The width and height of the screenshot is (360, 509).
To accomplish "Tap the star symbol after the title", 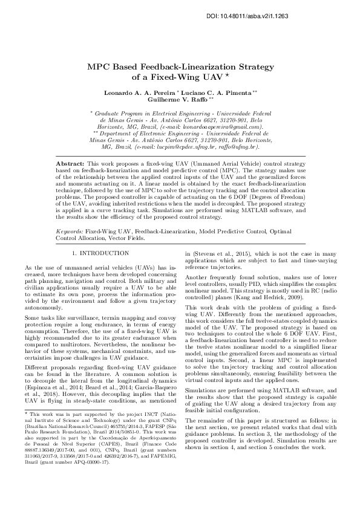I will click(226, 76).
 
